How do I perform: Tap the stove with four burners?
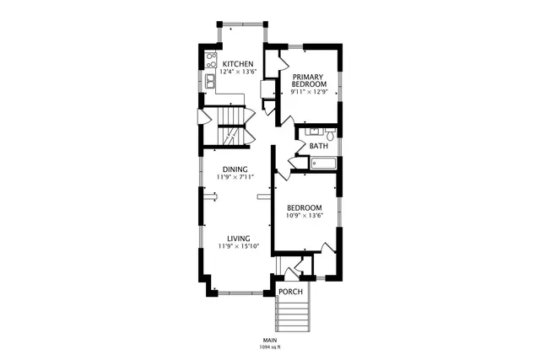[210, 60]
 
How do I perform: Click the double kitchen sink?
[209, 81]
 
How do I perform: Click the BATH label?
[319, 147]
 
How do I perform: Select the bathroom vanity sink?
[312, 132]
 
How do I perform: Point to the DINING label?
[235, 169]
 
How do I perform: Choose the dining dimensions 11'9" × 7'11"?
[235, 178]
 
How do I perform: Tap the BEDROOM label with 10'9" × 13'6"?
[304, 208]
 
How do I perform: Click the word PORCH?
[290, 293]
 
